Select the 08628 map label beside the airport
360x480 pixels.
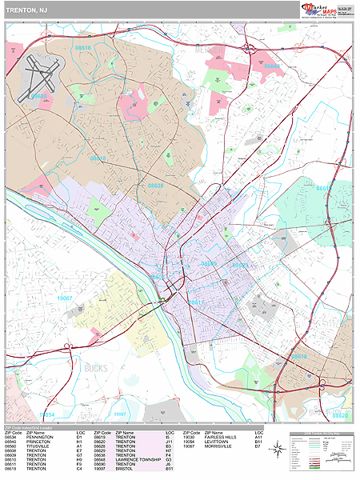click(x=38, y=97)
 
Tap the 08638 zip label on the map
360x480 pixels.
click(x=155, y=186)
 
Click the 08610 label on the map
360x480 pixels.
click(x=298, y=356)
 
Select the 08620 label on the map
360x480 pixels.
click(x=341, y=416)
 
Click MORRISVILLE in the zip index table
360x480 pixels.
click(x=218, y=446)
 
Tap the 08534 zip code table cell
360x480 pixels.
click(x=12, y=437)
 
